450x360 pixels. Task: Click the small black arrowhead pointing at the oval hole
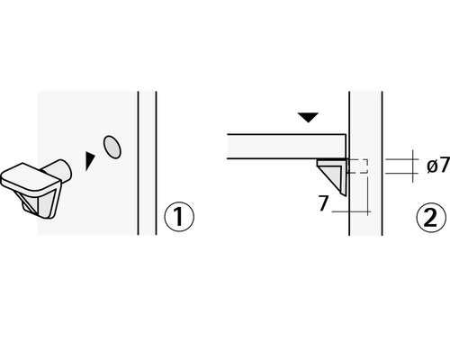tap(88, 160)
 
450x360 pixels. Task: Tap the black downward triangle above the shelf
tap(309, 117)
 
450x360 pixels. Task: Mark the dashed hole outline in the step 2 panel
tap(358, 166)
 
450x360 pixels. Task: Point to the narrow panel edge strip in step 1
tap(147, 162)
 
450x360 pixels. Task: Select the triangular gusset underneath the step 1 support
tap(41, 207)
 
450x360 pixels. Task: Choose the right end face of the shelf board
tap(346, 147)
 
